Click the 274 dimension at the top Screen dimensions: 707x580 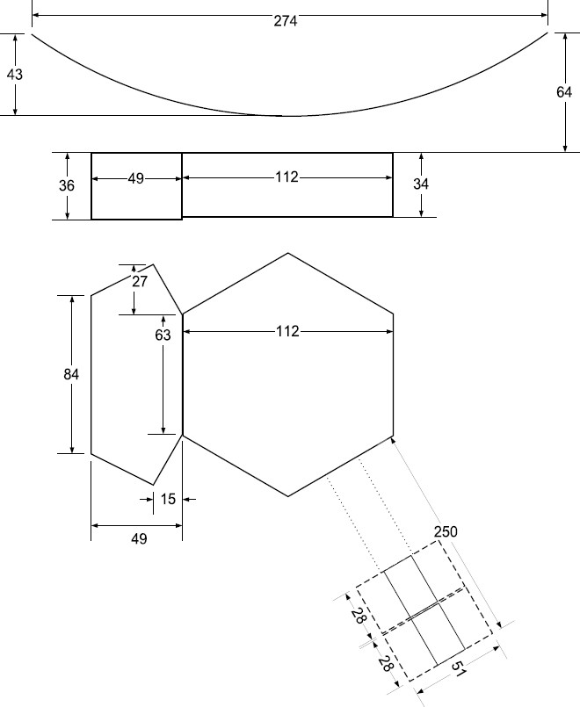pos(286,20)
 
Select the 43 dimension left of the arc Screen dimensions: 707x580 pos(15,75)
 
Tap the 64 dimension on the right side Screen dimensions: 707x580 pos(564,92)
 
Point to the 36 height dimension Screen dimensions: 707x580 pos(68,185)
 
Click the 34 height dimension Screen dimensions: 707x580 pos(421,184)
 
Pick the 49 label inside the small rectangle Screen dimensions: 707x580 pos(135,178)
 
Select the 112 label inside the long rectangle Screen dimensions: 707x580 pos(286,177)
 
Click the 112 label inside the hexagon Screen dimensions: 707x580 pos(287,331)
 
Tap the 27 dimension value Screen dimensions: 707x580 pos(139,281)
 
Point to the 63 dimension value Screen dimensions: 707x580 pos(163,335)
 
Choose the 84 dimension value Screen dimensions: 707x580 pos(71,374)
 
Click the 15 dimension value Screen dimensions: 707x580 pos(168,499)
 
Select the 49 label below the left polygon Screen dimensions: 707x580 pos(138,539)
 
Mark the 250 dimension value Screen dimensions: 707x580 pos(446,532)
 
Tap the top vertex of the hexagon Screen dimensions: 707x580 pos(288,253)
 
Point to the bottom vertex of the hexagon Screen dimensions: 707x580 pos(288,496)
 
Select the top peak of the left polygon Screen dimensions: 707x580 pos(154,263)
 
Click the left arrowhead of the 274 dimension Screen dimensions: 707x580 pos(35,15)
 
